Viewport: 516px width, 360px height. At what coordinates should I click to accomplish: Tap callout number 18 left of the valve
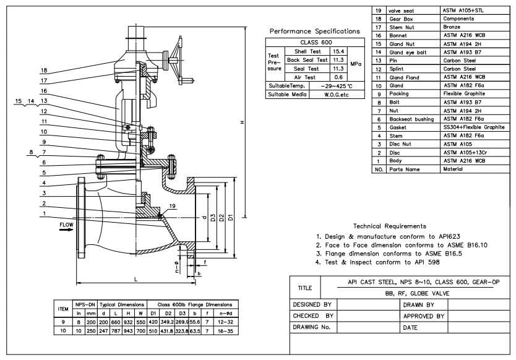tap(44, 71)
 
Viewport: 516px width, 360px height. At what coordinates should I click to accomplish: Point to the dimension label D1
tap(230, 218)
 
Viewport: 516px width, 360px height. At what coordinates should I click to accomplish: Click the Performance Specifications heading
tap(315, 31)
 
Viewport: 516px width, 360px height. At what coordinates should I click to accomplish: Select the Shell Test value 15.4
tap(338, 51)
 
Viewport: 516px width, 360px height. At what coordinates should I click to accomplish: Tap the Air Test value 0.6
tap(338, 77)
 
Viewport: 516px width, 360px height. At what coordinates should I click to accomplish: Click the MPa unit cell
tap(356, 64)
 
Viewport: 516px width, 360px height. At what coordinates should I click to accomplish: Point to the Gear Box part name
tap(400, 19)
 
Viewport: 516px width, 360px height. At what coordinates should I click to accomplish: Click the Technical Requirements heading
tap(389, 226)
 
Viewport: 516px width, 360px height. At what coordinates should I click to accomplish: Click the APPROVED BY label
tap(424, 316)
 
